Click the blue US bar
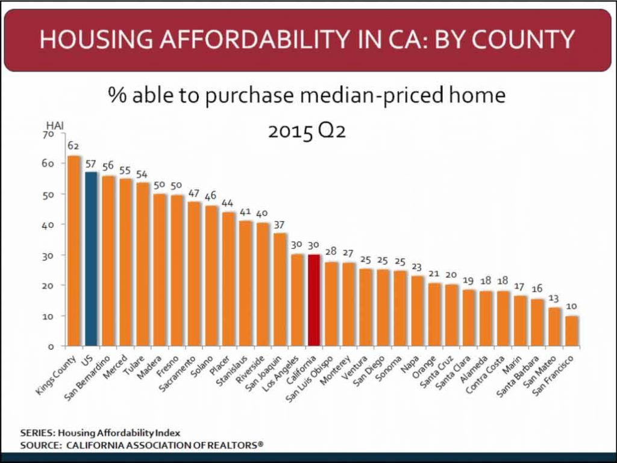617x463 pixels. tap(92, 259)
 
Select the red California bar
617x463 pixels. tap(314, 300)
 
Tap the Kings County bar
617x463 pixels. tap(74, 251)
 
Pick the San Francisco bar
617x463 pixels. tap(572, 331)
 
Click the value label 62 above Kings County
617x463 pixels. tap(73, 146)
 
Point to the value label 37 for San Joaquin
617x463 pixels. tap(279, 225)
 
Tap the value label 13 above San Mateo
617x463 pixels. tap(553, 299)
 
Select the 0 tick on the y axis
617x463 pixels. tap(51, 347)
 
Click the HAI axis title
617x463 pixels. tap(55, 126)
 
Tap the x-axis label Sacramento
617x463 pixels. tap(178, 374)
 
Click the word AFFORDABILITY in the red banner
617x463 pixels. tap(254, 39)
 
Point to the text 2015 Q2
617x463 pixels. tap(307, 131)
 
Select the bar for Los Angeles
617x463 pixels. tap(297, 300)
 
